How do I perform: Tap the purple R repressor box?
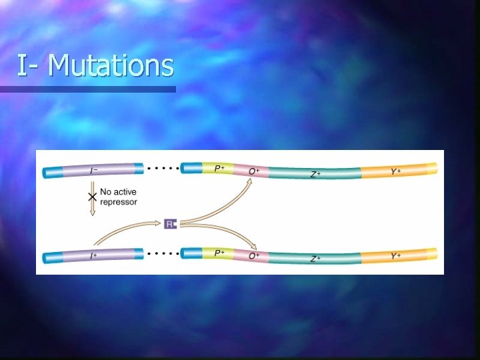(170, 224)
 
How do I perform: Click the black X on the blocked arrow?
(93, 198)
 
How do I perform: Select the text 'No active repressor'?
(119, 197)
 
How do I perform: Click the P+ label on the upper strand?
(219, 169)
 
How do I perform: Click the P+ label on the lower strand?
(219, 253)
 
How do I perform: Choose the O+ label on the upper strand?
(254, 171)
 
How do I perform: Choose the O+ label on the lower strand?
(254, 256)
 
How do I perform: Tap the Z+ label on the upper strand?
(315, 174)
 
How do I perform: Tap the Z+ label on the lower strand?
(315, 258)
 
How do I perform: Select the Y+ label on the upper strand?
(396, 171)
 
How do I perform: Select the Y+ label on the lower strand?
(396, 255)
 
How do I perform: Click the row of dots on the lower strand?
(163, 253)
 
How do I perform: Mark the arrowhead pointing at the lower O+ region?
(251, 243)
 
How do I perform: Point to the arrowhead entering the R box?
(161, 223)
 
